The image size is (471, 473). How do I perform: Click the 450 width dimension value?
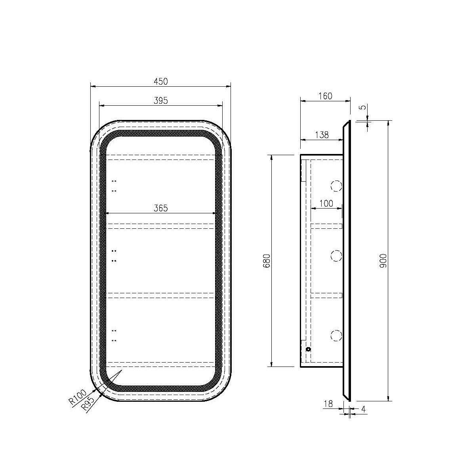(160, 82)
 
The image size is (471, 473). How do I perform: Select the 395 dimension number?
(160, 101)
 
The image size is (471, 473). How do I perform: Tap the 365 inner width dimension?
(160, 208)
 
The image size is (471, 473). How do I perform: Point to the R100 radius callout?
(78, 397)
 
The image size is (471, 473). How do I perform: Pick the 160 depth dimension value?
(326, 96)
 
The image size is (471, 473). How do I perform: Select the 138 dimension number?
(322, 135)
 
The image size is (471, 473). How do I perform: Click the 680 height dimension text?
(267, 261)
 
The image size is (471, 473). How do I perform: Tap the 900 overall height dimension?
(383, 261)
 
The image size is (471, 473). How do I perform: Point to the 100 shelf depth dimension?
(326, 203)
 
